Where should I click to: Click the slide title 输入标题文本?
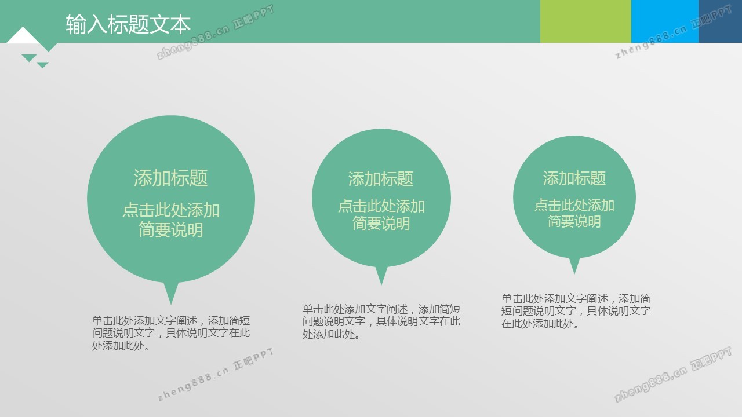click(x=128, y=24)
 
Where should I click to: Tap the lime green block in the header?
click(x=585, y=21)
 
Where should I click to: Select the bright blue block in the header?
click(x=665, y=21)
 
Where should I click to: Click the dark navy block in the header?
click(x=720, y=21)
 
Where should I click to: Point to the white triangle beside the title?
click(x=23, y=36)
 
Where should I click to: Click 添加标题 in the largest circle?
click(x=170, y=178)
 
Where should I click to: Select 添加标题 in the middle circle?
click(x=381, y=179)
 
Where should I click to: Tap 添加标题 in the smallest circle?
click(x=574, y=178)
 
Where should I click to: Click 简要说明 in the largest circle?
click(x=170, y=230)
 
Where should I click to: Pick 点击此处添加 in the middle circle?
click(x=381, y=206)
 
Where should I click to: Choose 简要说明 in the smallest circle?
click(x=574, y=221)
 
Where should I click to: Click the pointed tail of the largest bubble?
click(x=171, y=303)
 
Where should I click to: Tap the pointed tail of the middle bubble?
click(x=381, y=284)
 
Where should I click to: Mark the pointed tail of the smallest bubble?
click(x=574, y=273)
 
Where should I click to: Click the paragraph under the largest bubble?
click(x=171, y=333)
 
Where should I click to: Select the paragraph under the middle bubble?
click(x=381, y=321)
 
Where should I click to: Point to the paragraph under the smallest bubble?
click(x=576, y=311)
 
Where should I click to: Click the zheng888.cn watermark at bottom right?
click(x=672, y=374)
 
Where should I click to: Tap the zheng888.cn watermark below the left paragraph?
click(x=215, y=374)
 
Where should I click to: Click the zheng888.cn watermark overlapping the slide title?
click(x=215, y=32)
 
